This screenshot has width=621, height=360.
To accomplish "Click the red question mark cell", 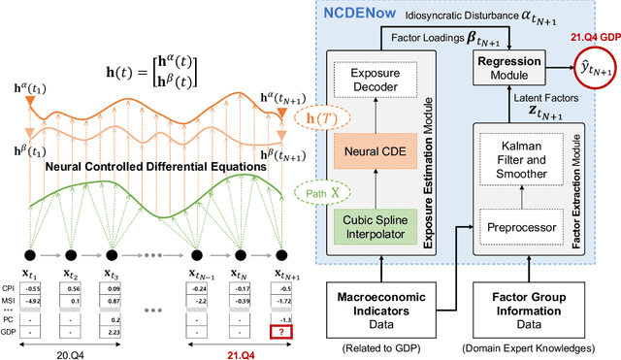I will click(285, 331).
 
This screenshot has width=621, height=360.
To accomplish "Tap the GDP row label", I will click(8, 331).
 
